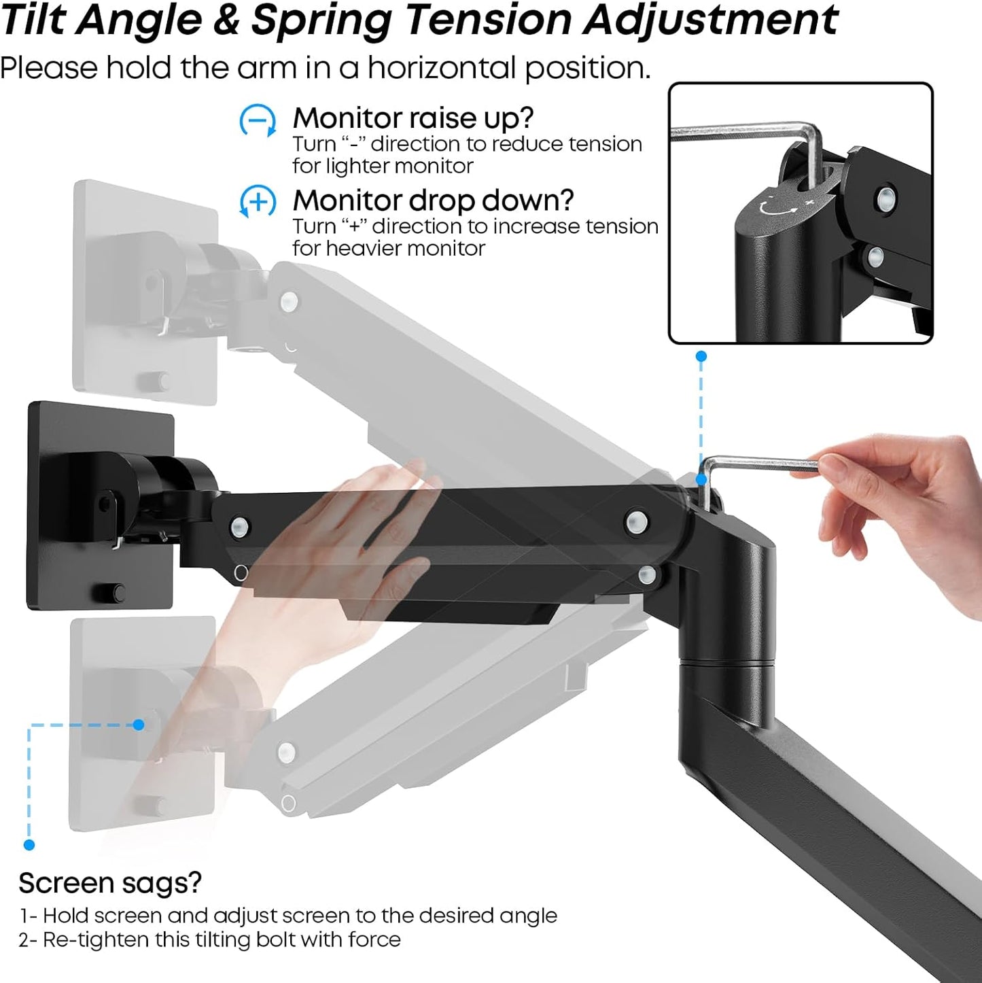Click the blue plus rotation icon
click(x=258, y=202)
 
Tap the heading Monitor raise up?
click(x=413, y=118)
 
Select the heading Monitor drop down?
click(x=433, y=200)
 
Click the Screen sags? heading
click(x=110, y=882)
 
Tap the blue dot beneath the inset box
click(x=701, y=356)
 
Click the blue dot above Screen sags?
click(x=29, y=844)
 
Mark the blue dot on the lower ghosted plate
click(x=139, y=725)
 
